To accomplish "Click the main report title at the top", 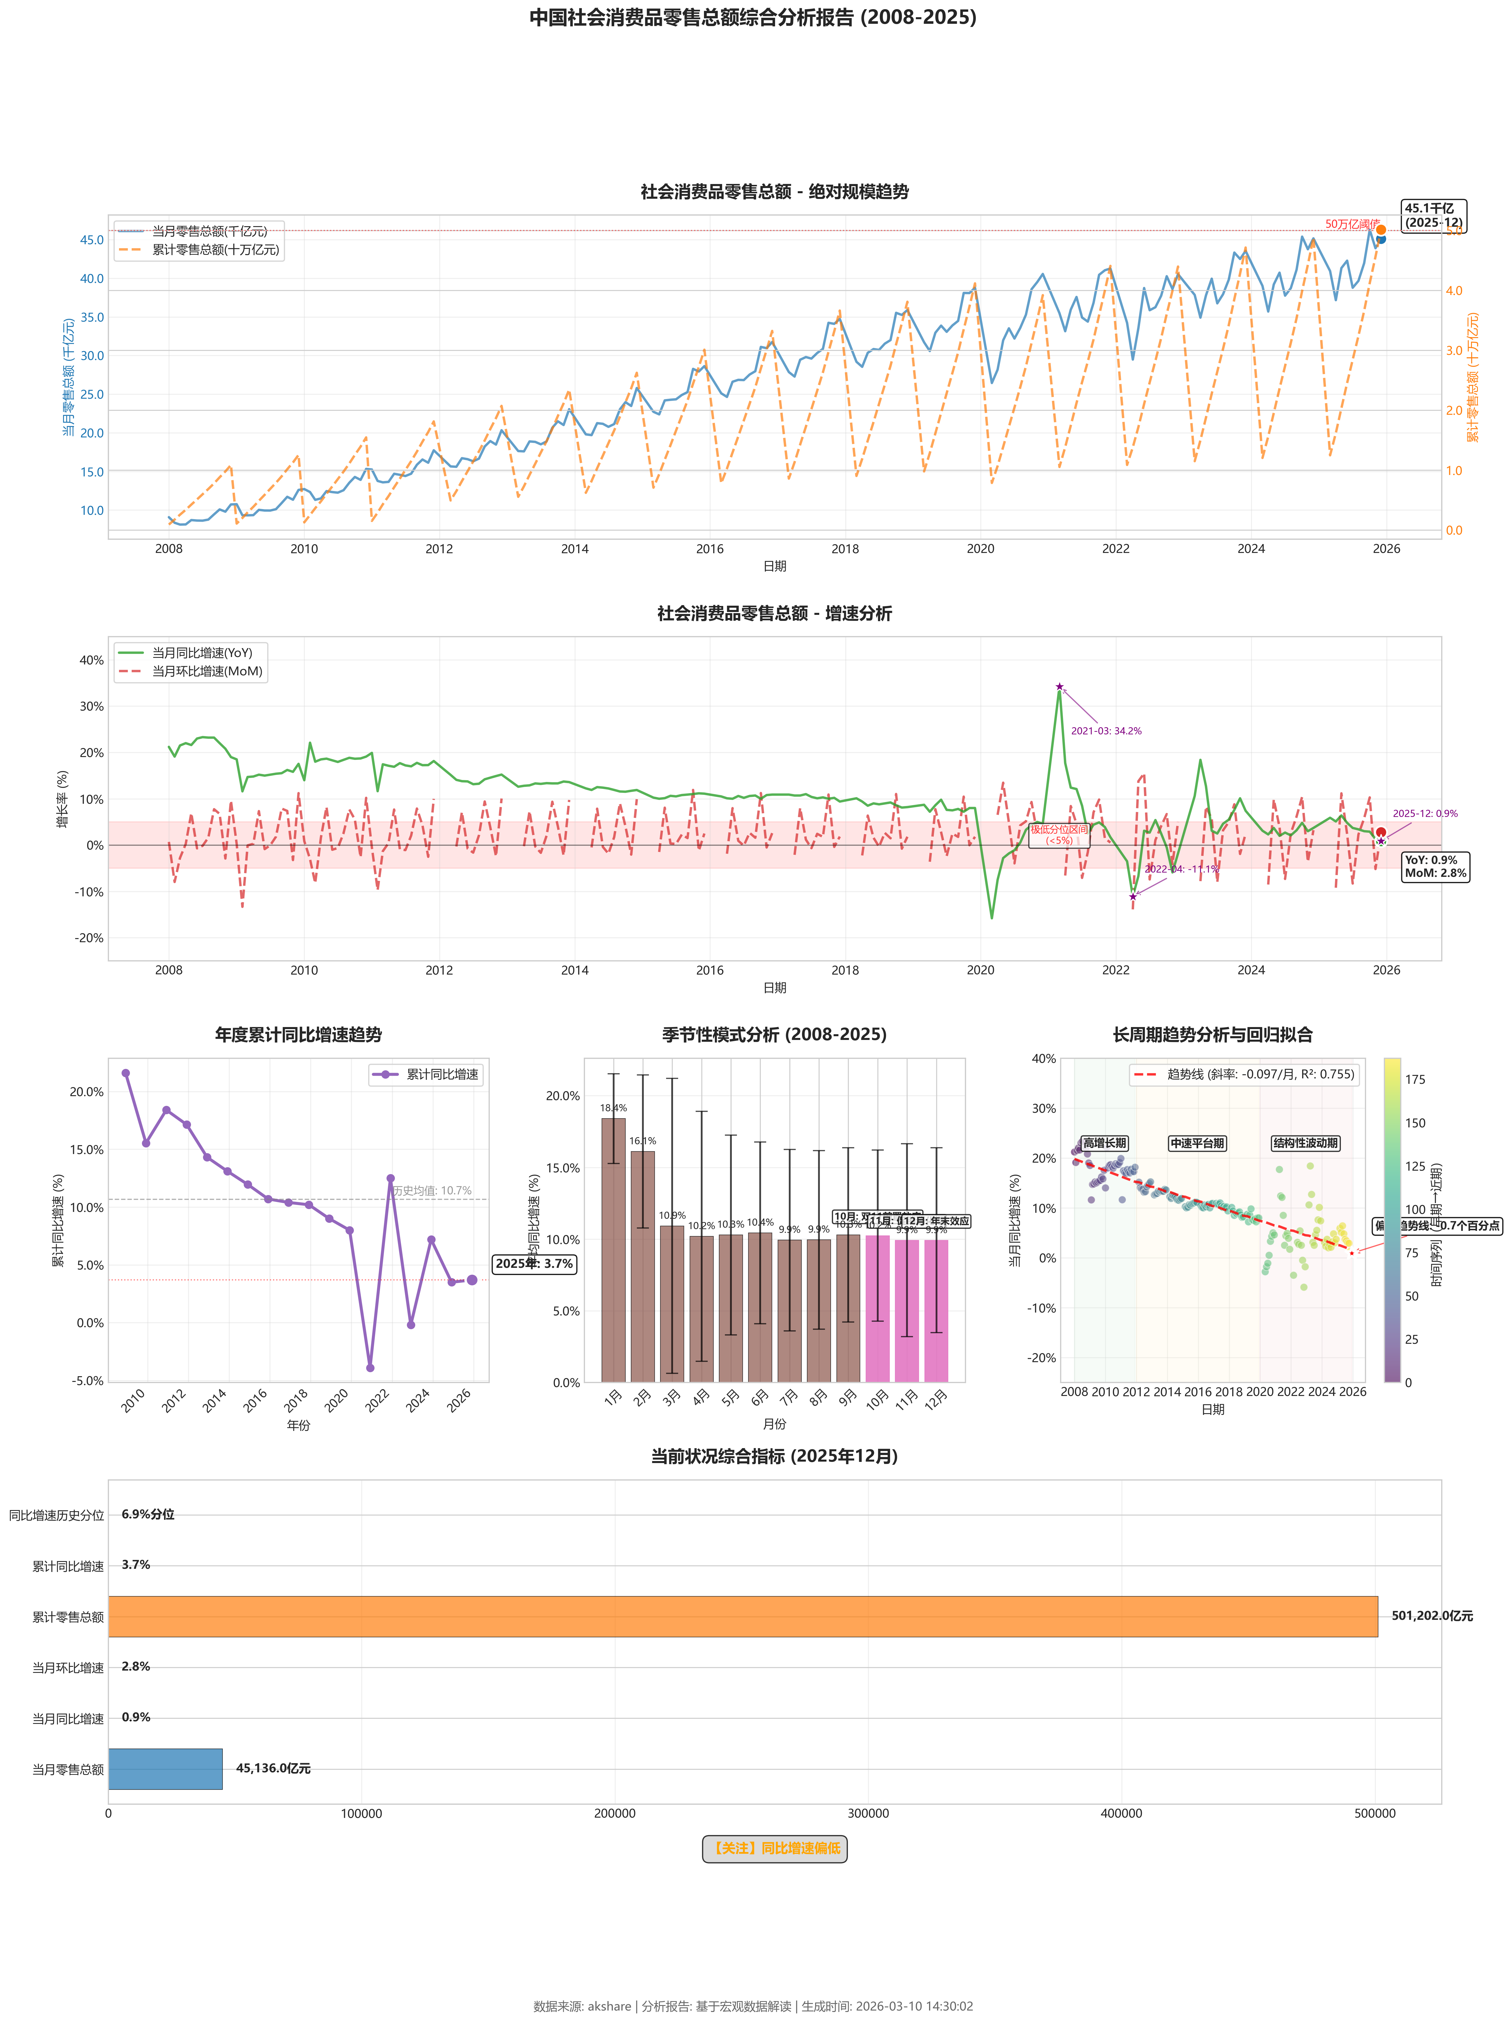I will (x=753, y=17).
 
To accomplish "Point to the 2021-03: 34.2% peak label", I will (x=1105, y=731).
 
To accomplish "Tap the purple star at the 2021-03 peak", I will (x=1059, y=686).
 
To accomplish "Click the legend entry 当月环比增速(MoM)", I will (x=206, y=672).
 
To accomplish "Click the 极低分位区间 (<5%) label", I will (x=1059, y=835).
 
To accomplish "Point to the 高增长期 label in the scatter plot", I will (x=1105, y=1143).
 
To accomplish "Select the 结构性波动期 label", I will (x=1305, y=1143).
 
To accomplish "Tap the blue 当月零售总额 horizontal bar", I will (x=165, y=1768).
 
